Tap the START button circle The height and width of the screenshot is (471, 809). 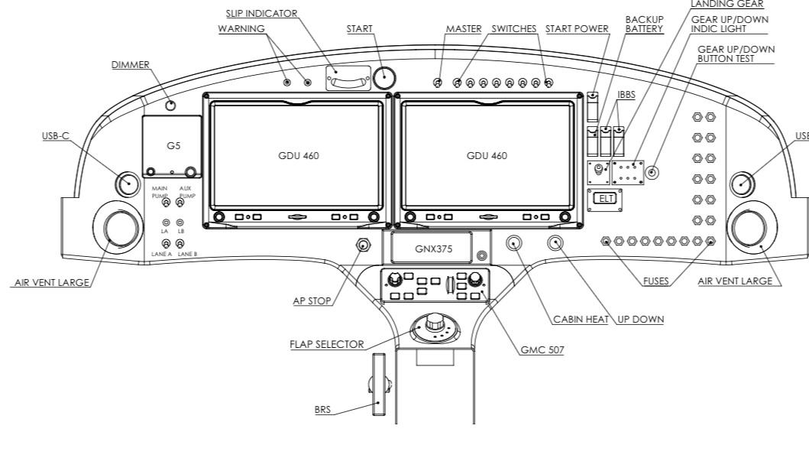pyautogui.click(x=384, y=78)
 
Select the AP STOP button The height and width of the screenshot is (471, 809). pyautogui.click(x=363, y=245)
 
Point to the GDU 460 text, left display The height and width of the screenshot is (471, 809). pyautogui.click(x=299, y=155)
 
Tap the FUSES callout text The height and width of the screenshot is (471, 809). pyautogui.click(x=655, y=281)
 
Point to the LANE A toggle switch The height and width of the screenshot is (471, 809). pyautogui.click(x=166, y=245)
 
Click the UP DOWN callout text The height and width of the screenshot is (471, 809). pyautogui.click(x=640, y=319)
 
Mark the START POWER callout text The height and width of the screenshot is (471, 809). pyautogui.click(x=577, y=28)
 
